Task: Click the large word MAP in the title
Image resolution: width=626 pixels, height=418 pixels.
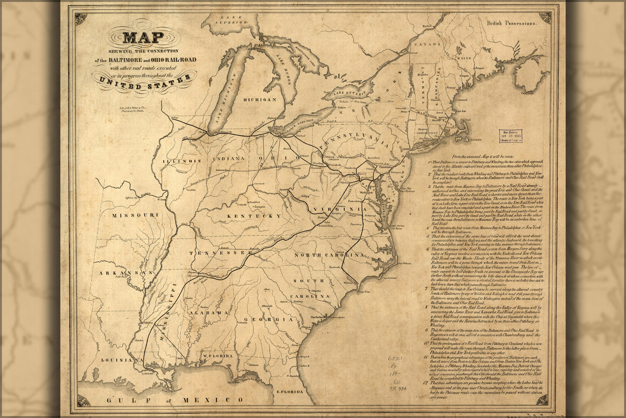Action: click(x=143, y=38)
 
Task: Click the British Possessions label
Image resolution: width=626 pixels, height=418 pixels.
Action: click(x=511, y=24)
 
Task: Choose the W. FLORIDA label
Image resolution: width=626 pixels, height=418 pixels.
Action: click(x=218, y=356)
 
